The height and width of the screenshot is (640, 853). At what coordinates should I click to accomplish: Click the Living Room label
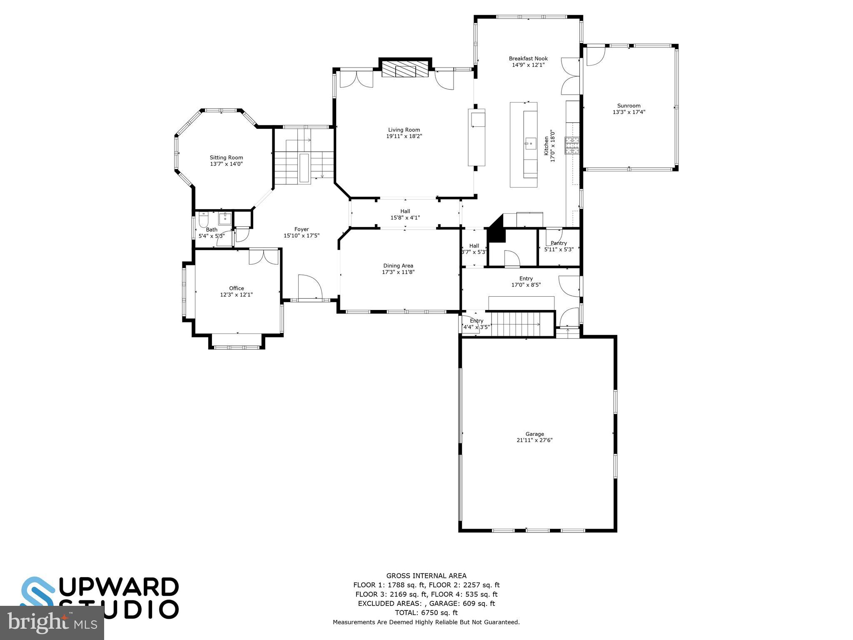(404, 130)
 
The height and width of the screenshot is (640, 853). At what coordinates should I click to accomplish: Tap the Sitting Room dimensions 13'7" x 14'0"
(226, 164)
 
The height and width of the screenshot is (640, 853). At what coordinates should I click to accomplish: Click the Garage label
(534, 434)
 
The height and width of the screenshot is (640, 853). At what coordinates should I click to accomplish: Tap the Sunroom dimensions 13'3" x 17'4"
(629, 112)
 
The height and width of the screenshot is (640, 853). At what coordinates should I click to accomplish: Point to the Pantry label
(559, 243)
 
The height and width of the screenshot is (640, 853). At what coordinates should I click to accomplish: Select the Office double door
(264, 256)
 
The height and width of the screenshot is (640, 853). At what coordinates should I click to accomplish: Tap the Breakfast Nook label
(528, 59)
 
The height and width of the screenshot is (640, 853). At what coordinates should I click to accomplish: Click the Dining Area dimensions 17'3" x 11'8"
(398, 272)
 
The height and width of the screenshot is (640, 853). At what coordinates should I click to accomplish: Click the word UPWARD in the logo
(121, 587)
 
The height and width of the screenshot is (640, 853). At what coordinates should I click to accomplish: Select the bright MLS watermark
(52, 622)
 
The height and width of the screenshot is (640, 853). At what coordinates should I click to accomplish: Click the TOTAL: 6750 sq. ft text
(426, 612)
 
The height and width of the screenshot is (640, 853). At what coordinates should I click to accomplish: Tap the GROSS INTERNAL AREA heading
(426, 576)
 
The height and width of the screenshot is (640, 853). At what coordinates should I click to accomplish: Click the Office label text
(236, 288)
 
